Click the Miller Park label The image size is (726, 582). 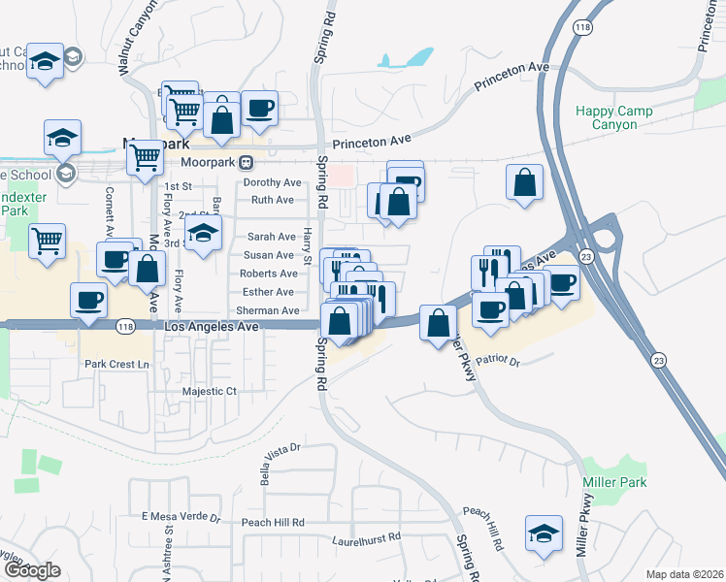[x=614, y=482]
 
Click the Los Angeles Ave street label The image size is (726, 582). [x=214, y=328]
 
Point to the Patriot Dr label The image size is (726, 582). [x=502, y=361]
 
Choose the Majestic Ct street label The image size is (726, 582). [x=210, y=391]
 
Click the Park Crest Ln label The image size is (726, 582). [x=119, y=364]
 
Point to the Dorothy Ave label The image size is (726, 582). [x=273, y=182]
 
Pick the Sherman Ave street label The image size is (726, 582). [x=268, y=310]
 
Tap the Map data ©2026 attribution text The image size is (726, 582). [x=684, y=574]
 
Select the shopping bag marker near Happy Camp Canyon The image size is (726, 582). [x=524, y=183]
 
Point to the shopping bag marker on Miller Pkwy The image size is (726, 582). [x=439, y=322]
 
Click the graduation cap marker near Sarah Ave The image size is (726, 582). [x=203, y=234]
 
